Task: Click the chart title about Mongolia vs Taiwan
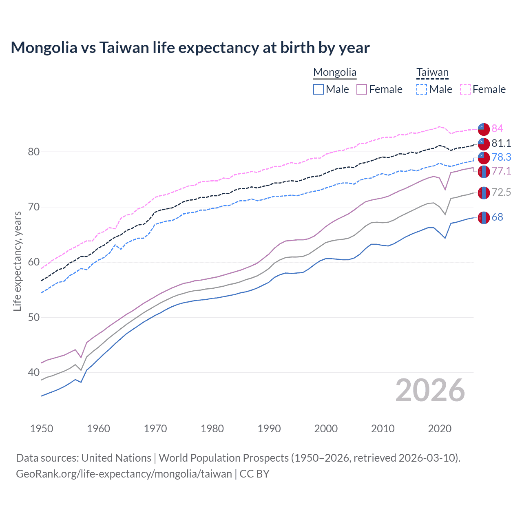[190, 48]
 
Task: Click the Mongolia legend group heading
[335, 73]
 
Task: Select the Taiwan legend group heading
[432, 73]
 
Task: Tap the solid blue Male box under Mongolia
[319, 89]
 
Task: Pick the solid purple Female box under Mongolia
[362, 89]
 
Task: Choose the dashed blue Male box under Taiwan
[422, 89]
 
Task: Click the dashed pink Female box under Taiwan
[465, 89]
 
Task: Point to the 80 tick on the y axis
[34, 152]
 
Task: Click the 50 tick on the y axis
[34, 317]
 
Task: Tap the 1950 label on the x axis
[42, 429]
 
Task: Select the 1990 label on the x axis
[269, 429]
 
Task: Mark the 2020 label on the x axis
[440, 429]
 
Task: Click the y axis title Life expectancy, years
[17, 261]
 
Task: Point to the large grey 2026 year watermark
[430, 390]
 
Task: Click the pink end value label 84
[497, 128]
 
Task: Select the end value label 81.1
[501, 143]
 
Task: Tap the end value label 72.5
[501, 192]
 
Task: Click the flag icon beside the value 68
[484, 218]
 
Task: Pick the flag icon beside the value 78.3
[484, 157]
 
